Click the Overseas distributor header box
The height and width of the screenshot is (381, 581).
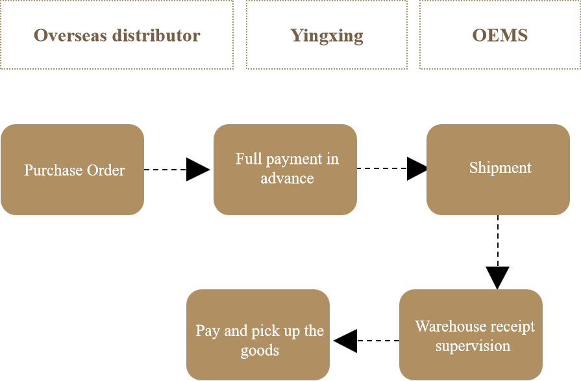(x=117, y=34)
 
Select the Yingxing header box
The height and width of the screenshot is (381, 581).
(x=327, y=34)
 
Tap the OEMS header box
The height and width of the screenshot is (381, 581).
(x=500, y=34)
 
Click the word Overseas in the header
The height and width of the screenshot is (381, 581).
(x=70, y=35)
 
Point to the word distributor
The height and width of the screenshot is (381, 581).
(x=156, y=35)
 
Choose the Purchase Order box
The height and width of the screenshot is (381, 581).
(x=72, y=170)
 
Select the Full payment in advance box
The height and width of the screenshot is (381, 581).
(x=285, y=170)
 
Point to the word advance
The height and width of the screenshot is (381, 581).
(x=287, y=178)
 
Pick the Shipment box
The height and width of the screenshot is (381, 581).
(x=498, y=170)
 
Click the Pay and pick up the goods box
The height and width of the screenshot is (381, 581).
(x=258, y=335)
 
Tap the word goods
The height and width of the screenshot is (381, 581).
(x=260, y=350)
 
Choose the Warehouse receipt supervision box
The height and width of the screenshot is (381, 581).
(x=471, y=335)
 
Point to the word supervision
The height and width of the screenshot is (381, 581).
(x=473, y=346)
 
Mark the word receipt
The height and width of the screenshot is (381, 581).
(x=513, y=326)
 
